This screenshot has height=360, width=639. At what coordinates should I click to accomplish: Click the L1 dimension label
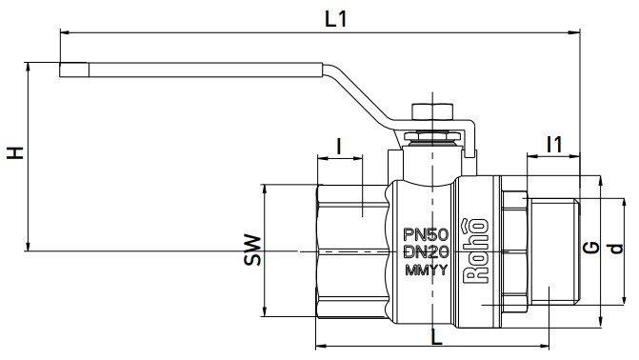(x=336, y=19)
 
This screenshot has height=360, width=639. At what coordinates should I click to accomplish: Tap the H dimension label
(x=15, y=152)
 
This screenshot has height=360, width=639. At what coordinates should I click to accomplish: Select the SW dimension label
(x=252, y=250)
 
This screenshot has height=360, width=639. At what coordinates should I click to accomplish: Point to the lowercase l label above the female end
(x=339, y=146)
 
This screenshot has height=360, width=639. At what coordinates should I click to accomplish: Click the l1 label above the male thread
(x=554, y=144)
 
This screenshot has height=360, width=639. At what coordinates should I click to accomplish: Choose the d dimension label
(x=616, y=249)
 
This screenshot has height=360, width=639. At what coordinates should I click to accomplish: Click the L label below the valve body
(x=437, y=337)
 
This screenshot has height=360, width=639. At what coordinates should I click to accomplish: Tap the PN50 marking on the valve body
(x=426, y=234)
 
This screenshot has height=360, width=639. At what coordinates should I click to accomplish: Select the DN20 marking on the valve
(x=426, y=252)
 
